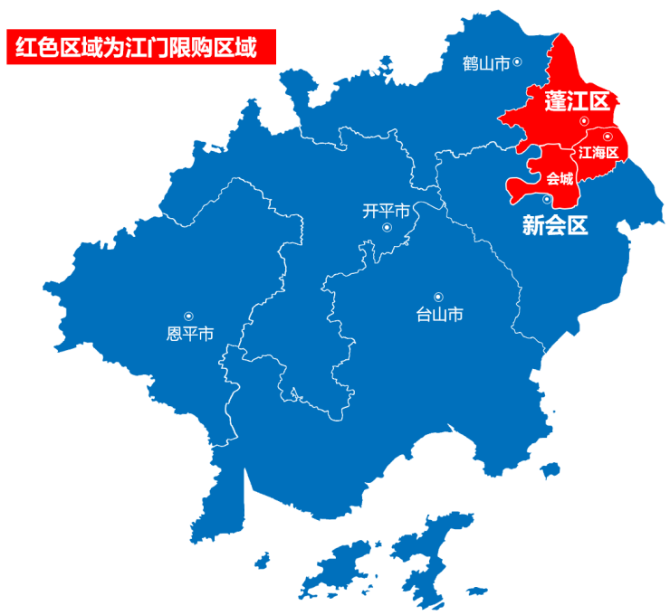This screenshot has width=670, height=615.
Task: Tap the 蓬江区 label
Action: click(x=577, y=101)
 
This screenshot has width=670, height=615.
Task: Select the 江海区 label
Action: click(x=598, y=153)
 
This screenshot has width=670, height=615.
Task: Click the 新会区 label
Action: click(x=555, y=225)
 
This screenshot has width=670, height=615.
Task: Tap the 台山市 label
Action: click(x=439, y=315)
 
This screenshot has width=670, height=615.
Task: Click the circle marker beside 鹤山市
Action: click(x=518, y=61)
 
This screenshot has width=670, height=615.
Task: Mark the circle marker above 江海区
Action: click(x=608, y=137)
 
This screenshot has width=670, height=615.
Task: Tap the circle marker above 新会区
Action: click(x=547, y=199)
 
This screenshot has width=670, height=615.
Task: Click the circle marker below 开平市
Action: click(x=387, y=228)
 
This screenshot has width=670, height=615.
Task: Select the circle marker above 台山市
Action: click(x=438, y=296)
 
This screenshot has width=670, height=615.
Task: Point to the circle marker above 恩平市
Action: click(x=188, y=316)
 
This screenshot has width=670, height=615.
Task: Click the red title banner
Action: click(x=140, y=48)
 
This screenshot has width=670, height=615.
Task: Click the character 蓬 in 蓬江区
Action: click(x=556, y=101)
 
